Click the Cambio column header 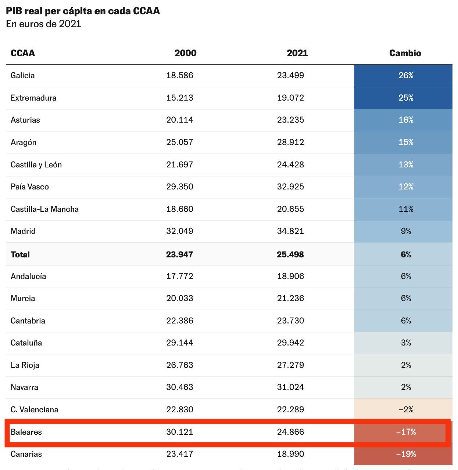tap(405, 53)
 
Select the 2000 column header tap(185, 53)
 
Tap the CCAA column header tap(23, 53)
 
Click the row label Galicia tap(23, 76)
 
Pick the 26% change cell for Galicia tap(406, 76)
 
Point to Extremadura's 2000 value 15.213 tap(180, 98)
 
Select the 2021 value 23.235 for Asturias tap(290, 120)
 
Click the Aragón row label tap(24, 142)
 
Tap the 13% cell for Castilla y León tap(406, 165)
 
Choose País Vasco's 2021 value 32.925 tap(290, 187)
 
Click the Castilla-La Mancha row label tap(44, 209)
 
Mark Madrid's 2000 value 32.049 tap(180, 231)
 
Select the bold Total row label tap(20, 254)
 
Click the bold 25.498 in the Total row tap(290, 254)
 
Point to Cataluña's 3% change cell tap(406, 343)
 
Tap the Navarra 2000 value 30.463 tap(180, 387)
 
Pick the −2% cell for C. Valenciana tap(406, 410)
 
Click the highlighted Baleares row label tap(26, 432)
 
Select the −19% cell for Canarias tap(406, 454)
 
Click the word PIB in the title tap(14, 11)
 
